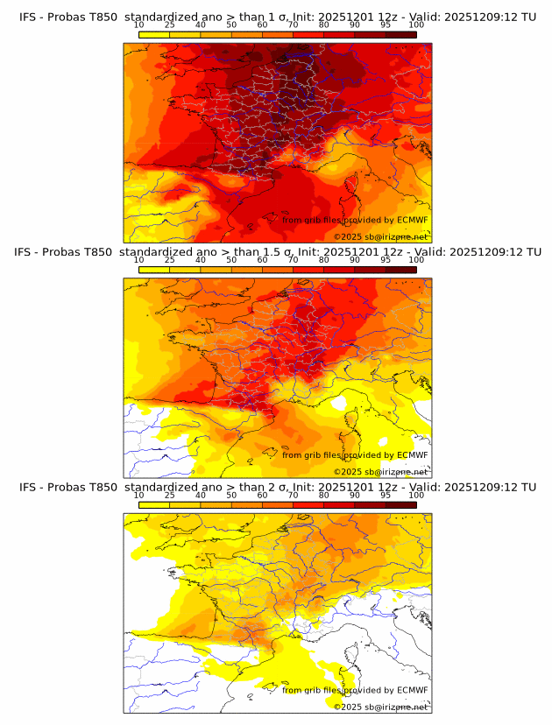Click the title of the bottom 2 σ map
click(x=277, y=487)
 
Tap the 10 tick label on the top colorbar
click(x=139, y=25)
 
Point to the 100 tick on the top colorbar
click(x=416, y=25)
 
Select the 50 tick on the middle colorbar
click(x=231, y=260)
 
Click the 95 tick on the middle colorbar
click(x=386, y=260)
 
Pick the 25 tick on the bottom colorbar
click(x=170, y=495)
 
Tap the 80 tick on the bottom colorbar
click(x=324, y=495)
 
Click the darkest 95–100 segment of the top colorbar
click(x=400, y=35)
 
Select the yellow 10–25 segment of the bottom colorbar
click(x=154, y=505)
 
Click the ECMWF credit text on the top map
click(x=355, y=220)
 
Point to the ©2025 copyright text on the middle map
click(x=380, y=472)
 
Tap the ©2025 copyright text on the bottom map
click(x=380, y=707)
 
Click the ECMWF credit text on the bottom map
click(x=355, y=690)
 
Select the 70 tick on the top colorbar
click(x=293, y=25)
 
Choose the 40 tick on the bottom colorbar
click(x=201, y=495)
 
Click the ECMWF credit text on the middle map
click(x=355, y=455)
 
